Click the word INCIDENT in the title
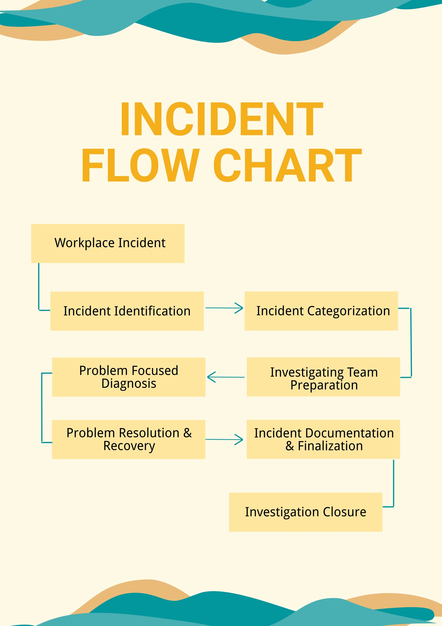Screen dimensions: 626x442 coord(222,119)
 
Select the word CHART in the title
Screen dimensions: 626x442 coord(288,165)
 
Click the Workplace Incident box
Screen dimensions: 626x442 coord(108,243)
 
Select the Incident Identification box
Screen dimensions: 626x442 coord(127,311)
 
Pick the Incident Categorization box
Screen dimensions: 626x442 coord(321,311)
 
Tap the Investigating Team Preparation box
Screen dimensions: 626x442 coord(323,377)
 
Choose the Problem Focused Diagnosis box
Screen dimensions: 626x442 coord(129,377)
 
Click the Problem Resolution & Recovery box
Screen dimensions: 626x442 coord(129,439)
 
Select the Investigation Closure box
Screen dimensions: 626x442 coord(306,512)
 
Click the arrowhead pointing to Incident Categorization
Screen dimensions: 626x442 coord(240,308)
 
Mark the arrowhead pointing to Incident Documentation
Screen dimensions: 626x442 coord(240,439)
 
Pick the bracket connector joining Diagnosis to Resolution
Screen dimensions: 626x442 coord(42,408)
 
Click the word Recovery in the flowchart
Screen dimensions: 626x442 coord(129,446)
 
